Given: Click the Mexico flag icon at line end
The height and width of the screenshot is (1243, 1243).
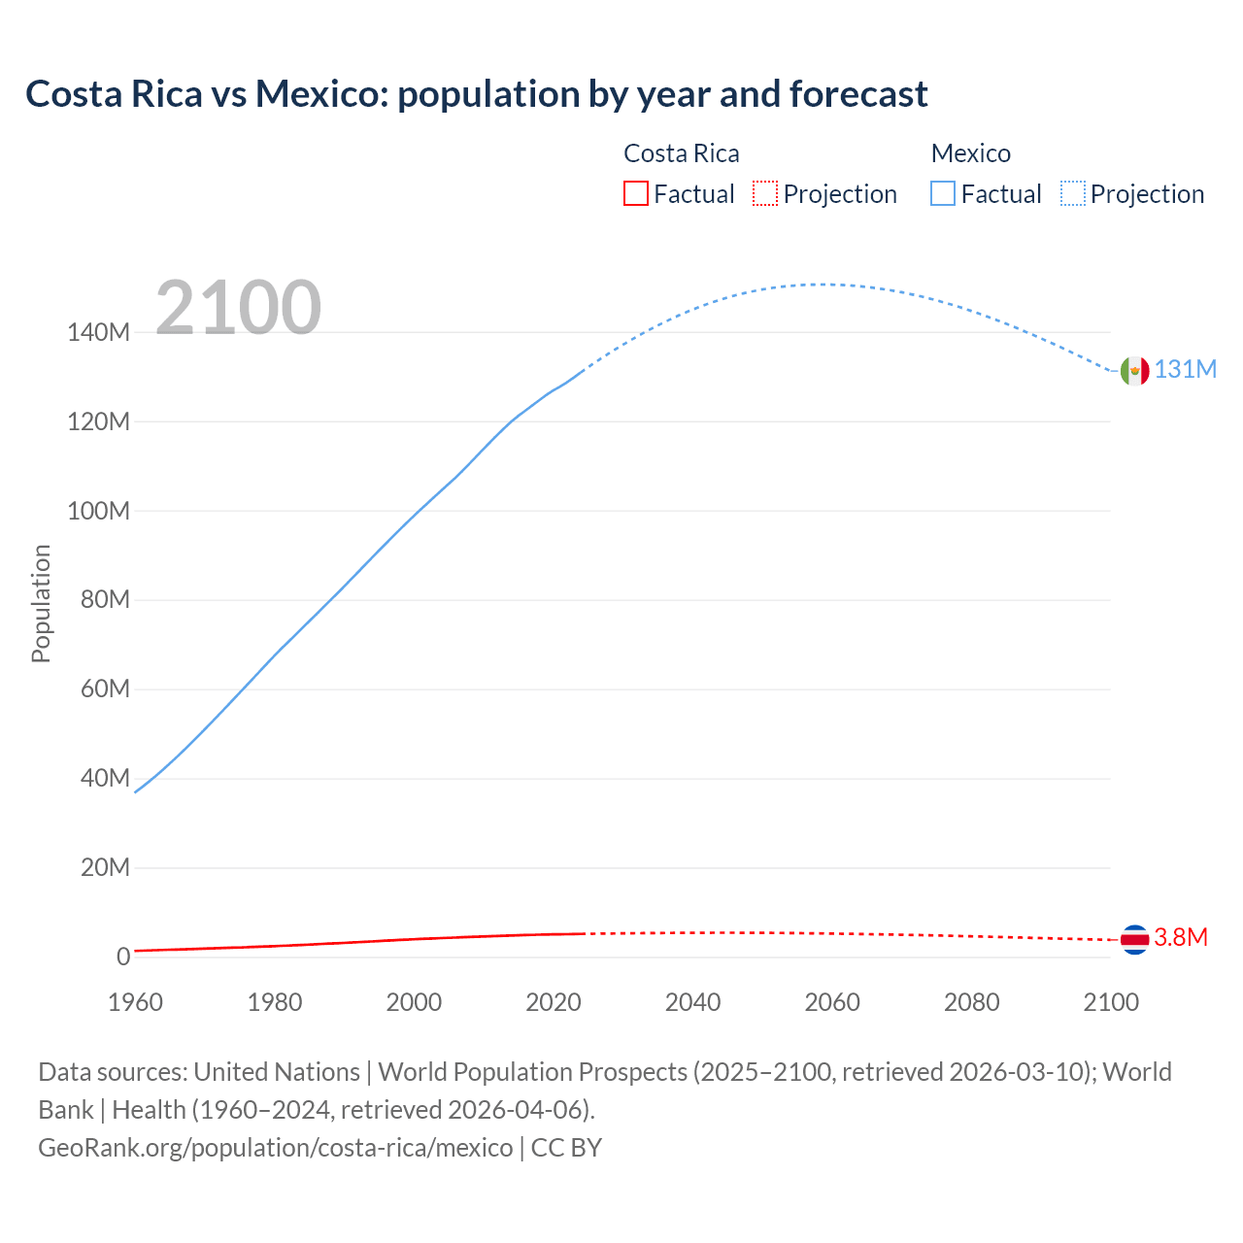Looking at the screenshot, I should pyautogui.click(x=1134, y=370).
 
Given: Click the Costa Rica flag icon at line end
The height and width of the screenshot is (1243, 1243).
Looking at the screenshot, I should pyautogui.click(x=1134, y=939).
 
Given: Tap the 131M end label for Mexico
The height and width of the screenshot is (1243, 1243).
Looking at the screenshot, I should pyautogui.click(x=1185, y=370).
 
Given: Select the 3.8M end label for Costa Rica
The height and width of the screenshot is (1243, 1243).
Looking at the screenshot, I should pyautogui.click(x=1181, y=937).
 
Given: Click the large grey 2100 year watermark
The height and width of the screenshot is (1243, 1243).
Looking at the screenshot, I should pyautogui.click(x=238, y=308).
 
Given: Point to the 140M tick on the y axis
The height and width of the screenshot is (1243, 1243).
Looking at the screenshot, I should pyautogui.click(x=98, y=333).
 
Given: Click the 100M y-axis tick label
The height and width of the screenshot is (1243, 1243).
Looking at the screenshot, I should pyautogui.click(x=98, y=511).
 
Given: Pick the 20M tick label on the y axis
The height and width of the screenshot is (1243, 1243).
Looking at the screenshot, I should pyautogui.click(x=105, y=867).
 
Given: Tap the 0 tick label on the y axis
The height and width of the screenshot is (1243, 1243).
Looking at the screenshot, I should pyautogui.click(x=123, y=957).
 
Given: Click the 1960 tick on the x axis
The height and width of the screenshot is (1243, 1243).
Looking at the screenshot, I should pyautogui.click(x=135, y=1002).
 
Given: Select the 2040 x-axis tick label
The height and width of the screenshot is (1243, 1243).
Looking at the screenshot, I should pyautogui.click(x=692, y=1002).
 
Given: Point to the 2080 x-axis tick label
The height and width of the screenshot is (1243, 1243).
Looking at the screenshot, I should pyautogui.click(x=971, y=1002).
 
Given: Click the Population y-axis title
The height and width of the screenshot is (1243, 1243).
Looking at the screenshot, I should pyautogui.click(x=41, y=603).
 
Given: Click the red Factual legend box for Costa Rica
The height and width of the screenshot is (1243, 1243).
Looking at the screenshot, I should pyautogui.click(x=635, y=194).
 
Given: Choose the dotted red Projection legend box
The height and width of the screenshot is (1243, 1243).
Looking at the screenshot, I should pyautogui.click(x=765, y=194).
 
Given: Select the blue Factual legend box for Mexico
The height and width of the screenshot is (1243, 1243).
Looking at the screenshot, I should pyautogui.click(x=943, y=194).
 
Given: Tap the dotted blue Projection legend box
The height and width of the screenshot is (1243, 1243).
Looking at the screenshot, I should pyautogui.click(x=1073, y=194).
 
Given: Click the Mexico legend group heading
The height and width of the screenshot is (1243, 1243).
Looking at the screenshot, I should pyautogui.click(x=970, y=153).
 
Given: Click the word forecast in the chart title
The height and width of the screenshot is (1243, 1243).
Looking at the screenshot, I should pyautogui.click(x=858, y=94).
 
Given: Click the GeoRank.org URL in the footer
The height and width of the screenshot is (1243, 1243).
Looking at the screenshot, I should pyautogui.click(x=276, y=1148).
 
